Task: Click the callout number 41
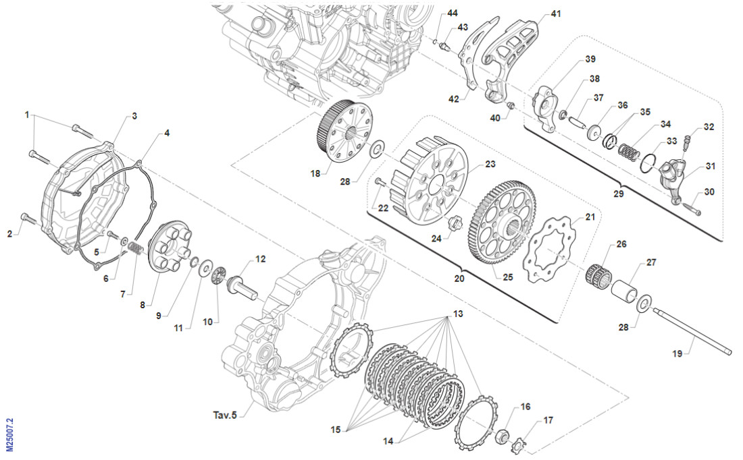tap(556, 13)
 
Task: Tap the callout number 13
tap(459, 314)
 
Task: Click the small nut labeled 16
tap(502, 435)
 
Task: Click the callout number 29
tap(618, 193)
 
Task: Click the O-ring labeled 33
tap(648, 162)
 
